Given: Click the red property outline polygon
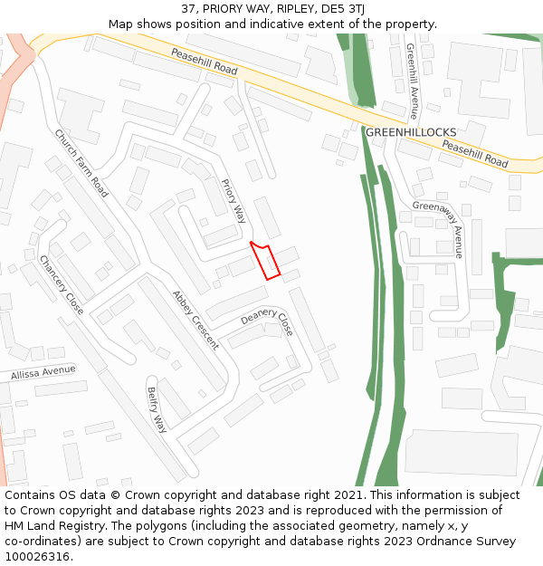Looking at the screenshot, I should tap(267, 261).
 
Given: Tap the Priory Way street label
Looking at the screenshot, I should tap(233, 200).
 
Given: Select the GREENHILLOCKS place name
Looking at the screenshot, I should tap(411, 132).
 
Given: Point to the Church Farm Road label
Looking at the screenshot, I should tap(81, 163).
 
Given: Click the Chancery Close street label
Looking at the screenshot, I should tap(62, 285).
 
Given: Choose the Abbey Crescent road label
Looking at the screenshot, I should tap(195, 320).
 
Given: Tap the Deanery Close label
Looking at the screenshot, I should tap(267, 321).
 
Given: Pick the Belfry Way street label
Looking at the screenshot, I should tap(157, 409).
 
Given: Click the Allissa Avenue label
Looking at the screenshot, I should tap(43, 371).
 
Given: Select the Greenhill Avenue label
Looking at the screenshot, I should tap(412, 82).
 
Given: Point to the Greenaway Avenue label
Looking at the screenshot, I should tap(438, 229).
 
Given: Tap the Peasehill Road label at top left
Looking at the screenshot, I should tap(205, 62).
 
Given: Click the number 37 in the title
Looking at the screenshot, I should tap(188, 8).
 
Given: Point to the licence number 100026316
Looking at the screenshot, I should tap(39, 556).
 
